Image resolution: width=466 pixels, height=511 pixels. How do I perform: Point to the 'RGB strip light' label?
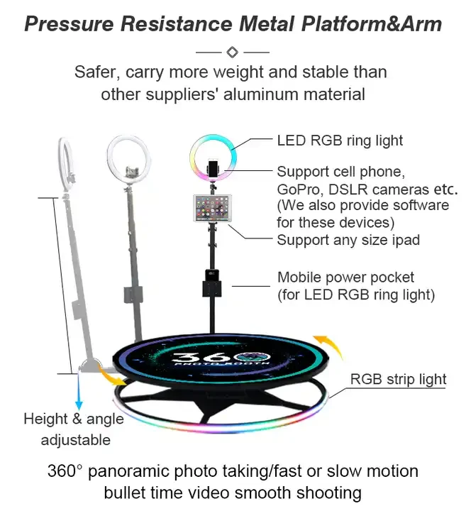[398, 380]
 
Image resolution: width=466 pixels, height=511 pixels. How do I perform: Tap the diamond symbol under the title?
[232, 52]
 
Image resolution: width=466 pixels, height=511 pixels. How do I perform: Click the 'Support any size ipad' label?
[348, 240]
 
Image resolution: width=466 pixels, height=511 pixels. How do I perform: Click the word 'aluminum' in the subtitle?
[270, 94]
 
